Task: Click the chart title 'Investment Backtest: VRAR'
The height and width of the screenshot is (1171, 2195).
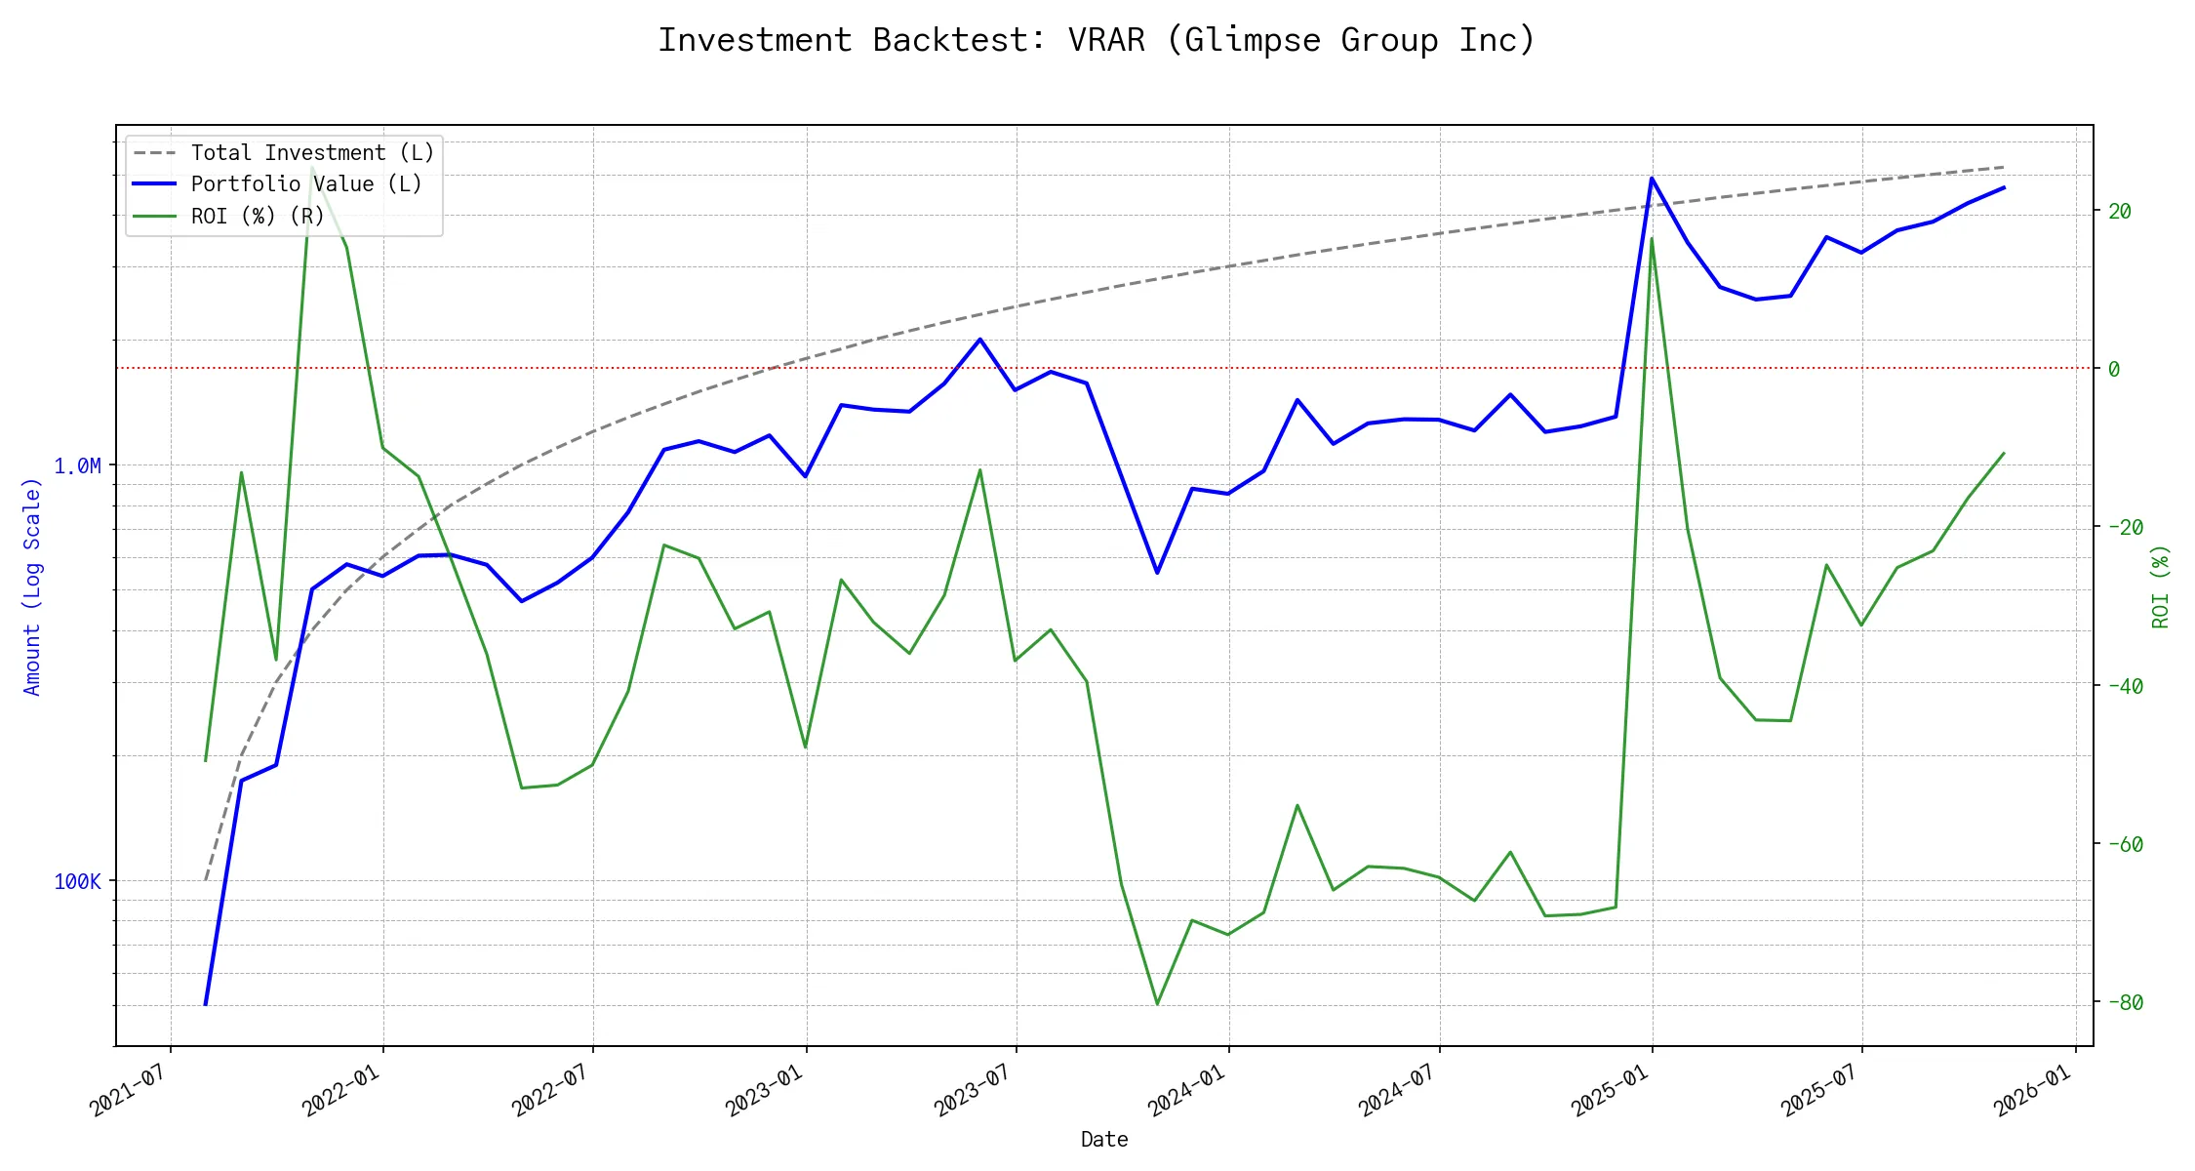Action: [1097, 40]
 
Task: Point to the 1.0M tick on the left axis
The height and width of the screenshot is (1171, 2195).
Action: [77, 466]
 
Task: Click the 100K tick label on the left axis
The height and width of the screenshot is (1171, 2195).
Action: [77, 882]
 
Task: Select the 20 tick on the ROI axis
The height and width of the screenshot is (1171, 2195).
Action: [2119, 211]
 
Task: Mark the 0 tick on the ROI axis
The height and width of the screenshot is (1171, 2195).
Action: [2114, 369]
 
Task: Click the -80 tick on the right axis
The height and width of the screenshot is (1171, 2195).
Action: [2125, 1002]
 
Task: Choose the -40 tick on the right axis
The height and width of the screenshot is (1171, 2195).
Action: [2125, 686]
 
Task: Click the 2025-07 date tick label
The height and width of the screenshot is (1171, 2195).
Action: [1821, 1091]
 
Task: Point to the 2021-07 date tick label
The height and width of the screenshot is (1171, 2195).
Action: [130, 1091]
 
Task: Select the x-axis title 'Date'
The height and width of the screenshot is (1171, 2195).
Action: [1104, 1140]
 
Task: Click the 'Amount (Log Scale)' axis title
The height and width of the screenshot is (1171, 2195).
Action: [32, 586]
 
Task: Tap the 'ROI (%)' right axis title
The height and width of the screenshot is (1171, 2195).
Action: [2161, 586]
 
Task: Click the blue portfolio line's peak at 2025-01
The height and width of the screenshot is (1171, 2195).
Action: [1652, 178]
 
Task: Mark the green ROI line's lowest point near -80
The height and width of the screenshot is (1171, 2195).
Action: [1157, 1003]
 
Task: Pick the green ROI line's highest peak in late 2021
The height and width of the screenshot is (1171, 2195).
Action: [312, 167]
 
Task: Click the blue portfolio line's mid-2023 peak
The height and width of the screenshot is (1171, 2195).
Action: [979, 340]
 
